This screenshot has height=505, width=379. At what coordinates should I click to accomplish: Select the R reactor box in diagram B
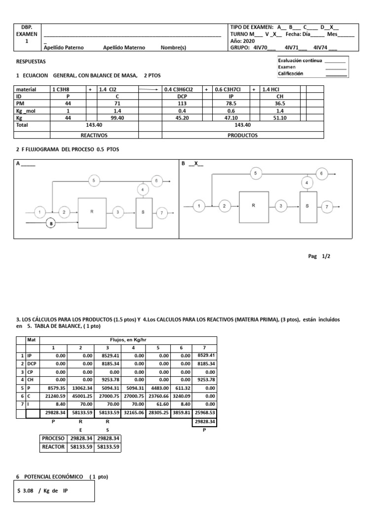click(254, 205)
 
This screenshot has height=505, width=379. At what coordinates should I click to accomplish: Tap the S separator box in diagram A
click(142, 212)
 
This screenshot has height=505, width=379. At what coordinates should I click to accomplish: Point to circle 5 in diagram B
click(255, 173)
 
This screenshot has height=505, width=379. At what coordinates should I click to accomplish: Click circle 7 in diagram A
click(161, 213)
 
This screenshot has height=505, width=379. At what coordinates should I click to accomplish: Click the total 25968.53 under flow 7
click(204, 412)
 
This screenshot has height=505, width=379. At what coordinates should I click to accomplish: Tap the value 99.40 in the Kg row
click(117, 118)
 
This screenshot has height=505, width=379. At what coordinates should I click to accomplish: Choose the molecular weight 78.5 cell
click(231, 104)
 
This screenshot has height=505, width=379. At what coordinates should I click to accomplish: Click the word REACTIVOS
click(94, 135)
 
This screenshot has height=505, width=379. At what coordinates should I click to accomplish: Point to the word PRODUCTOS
click(243, 135)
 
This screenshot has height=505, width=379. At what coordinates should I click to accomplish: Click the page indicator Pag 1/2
click(318, 256)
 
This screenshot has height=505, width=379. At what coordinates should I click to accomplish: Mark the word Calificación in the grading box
click(291, 73)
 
